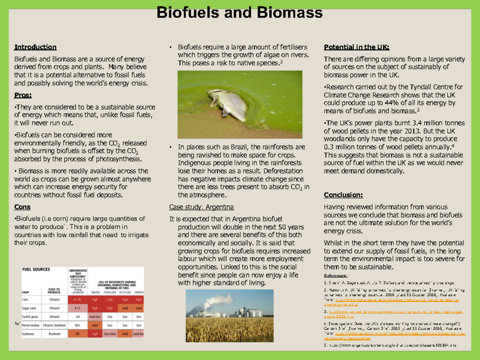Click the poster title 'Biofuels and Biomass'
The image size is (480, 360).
click(239, 13)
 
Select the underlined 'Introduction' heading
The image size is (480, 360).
click(35, 47)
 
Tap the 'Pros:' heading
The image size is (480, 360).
click(23, 95)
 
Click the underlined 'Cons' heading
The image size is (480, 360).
click(22, 207)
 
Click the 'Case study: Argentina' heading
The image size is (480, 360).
click(202, 207)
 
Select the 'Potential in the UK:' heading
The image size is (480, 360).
click(356, 47)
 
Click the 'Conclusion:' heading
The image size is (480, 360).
click(343, 195)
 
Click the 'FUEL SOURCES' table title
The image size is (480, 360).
click(36, 270)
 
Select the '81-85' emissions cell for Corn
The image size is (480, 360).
click(78, 299)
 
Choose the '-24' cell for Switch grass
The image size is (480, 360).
click(78, 316)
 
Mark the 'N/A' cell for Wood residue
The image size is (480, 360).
click(78, 325)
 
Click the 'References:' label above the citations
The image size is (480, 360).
click(336, 276)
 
